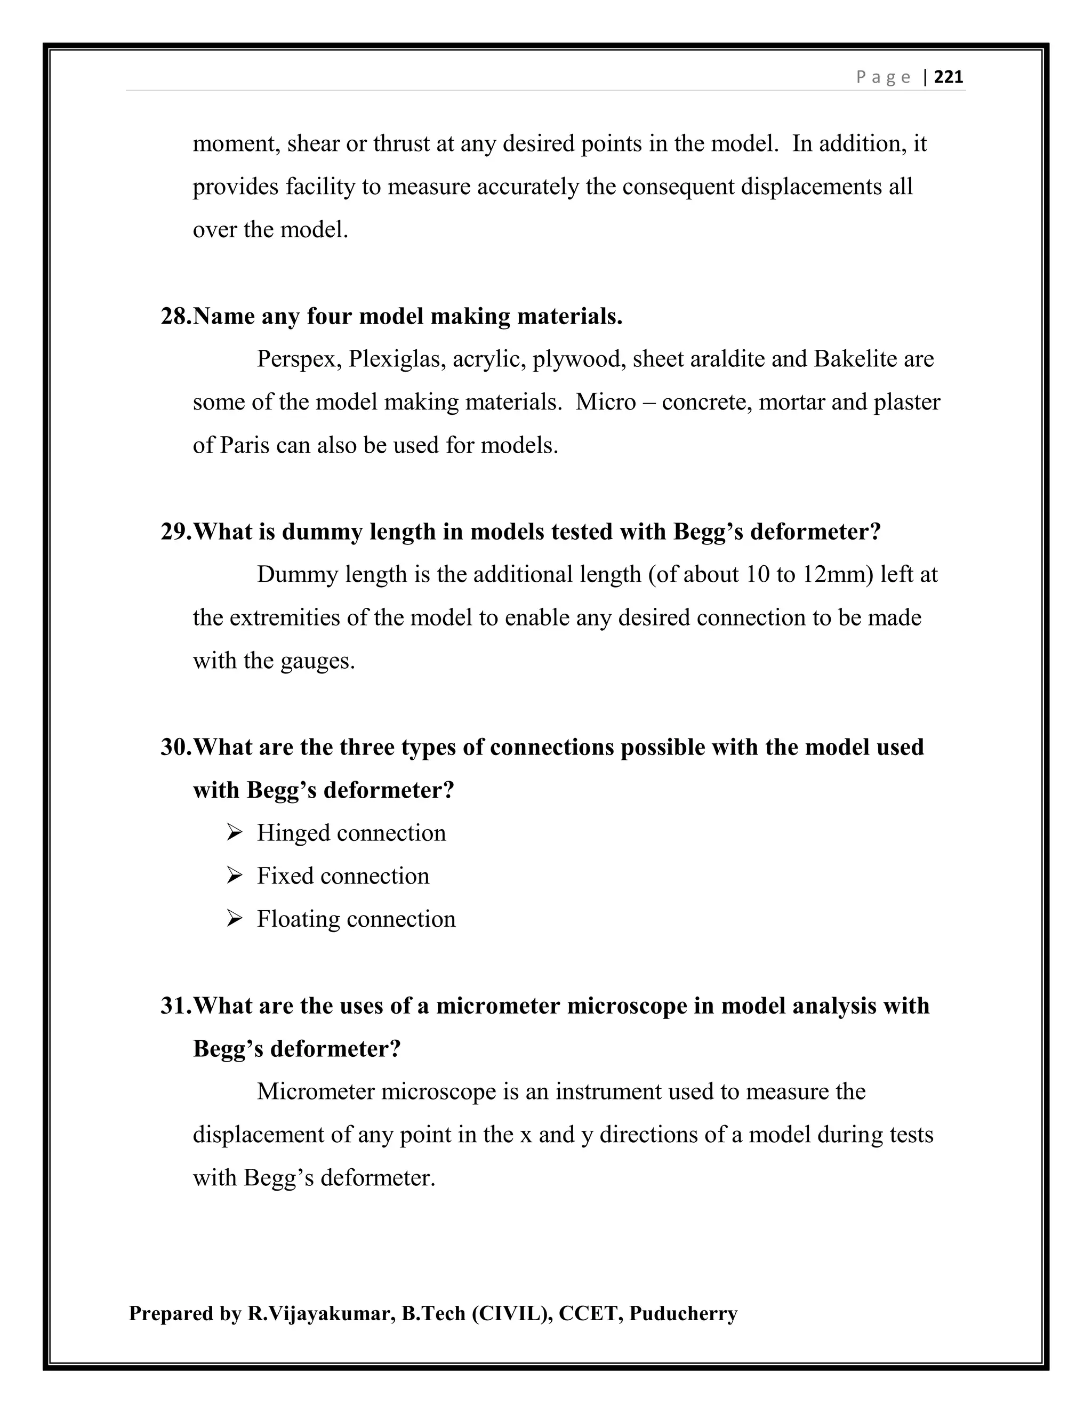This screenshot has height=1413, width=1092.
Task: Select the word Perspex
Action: [x=299, y=359]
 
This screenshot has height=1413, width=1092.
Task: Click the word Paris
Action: [x=245, y=445]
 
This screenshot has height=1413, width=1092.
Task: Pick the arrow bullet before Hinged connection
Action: [x=234, y=833]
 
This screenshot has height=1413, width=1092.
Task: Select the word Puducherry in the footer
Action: [x=683, y=1314]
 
